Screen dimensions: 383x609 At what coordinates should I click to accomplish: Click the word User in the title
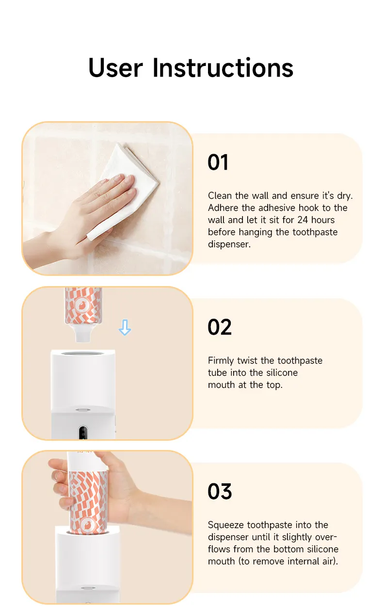tap(115, 68)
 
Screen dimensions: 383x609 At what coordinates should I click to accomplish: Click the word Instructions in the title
tap(223, 68)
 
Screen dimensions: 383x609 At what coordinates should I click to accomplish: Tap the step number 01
tap(218, 162)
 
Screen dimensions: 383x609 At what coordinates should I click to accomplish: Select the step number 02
tap(220, 327)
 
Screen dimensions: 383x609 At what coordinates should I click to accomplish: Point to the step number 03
tap(220, 492)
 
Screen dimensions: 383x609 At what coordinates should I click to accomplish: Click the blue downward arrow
tap(125, 327)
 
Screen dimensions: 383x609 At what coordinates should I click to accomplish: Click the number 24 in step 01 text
tap(303, 220)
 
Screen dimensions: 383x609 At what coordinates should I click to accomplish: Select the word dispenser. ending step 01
tap(229, 244)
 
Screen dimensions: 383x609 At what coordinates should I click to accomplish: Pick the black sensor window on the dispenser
tap(83, 433)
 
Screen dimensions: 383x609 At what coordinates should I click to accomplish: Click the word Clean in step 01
tap(220, 196)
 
